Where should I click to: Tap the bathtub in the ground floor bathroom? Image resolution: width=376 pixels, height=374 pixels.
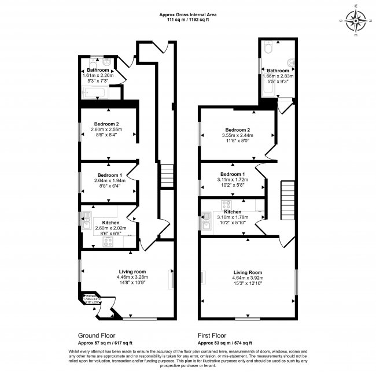pos(94,93)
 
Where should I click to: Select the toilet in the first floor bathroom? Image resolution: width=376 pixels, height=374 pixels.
pos(267,50)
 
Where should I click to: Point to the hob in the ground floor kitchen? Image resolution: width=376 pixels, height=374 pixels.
pos(108,243)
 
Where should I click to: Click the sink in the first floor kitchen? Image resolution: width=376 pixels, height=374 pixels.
pos(207,220)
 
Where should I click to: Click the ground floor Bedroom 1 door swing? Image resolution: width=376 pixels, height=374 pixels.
pos(132,172)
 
